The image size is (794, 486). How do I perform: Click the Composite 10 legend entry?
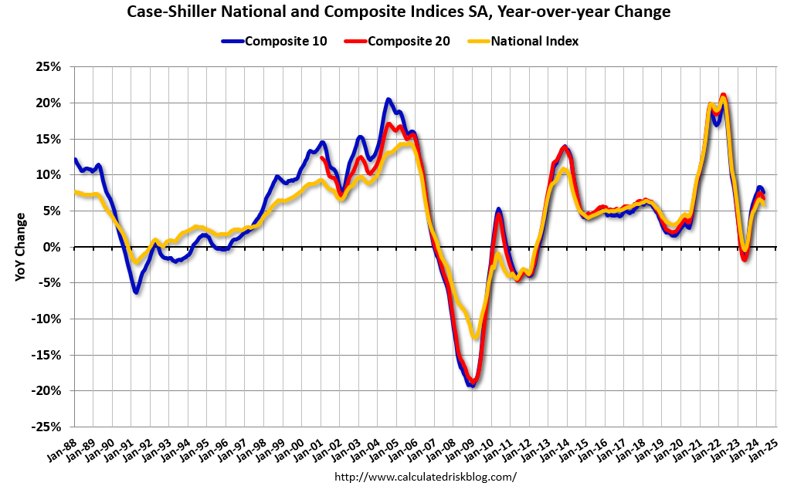(283, 41)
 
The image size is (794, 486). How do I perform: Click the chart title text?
(397, 12)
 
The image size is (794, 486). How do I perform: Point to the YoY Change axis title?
(21, 247)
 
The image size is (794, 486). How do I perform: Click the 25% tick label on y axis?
(47, 67)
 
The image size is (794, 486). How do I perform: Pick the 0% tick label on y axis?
(51, 247)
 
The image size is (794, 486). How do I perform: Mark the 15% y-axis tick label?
(47, 139)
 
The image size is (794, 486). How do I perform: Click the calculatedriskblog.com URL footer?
(426, 477)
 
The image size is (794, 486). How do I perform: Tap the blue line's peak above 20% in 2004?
(389, 100)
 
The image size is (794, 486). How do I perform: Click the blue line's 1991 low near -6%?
(136, 292)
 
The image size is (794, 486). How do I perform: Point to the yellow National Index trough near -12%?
(475, 336)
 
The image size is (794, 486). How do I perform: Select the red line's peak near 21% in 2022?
(723, 96)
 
